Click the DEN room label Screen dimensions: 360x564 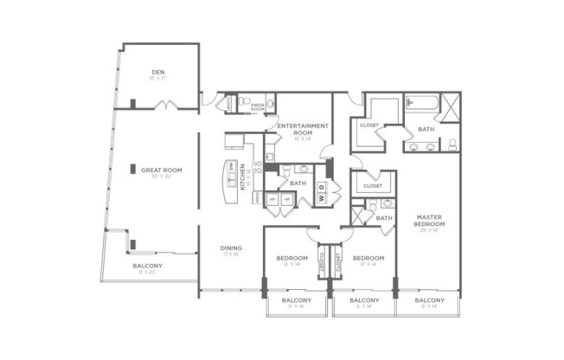pyautogui.click(x=157, y=73)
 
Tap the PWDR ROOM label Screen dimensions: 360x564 pyautogui.click(x=258, y=107)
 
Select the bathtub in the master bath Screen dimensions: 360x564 pyautogui.click(x=421, y=106)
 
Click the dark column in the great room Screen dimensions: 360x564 pyautogui.click(x=133, y=170)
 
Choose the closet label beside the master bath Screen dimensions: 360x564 pyautogui.click(x=367, y=125)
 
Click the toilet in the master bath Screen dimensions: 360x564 pyautogui.click(x=452, y=144)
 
